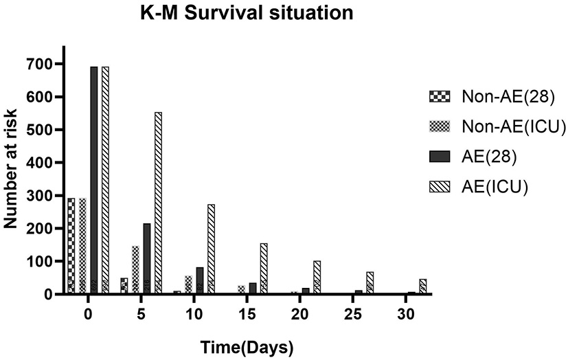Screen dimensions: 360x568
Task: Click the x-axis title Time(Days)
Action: click(246, 347)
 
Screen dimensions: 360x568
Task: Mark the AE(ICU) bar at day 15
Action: click(264, 269)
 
